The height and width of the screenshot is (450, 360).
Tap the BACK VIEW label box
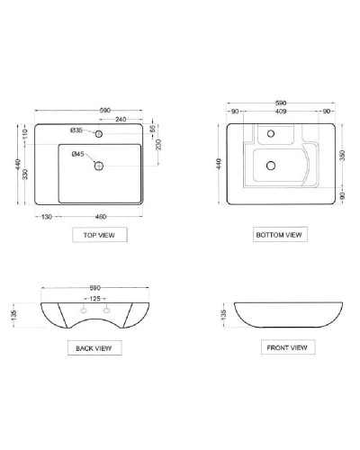(x=93, y=346)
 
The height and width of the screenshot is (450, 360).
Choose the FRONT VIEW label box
(x=286, y=346)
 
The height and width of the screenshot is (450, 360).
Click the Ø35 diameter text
(x=77, y=130)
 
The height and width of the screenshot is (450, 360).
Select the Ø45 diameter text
(x=78, y=154)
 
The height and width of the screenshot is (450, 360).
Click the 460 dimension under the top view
(x=101, y=217)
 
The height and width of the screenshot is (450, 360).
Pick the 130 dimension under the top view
(x=46, y=217)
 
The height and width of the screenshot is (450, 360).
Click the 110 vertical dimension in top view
(x=23, y=133)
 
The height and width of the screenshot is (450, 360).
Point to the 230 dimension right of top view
(x=157, y=146)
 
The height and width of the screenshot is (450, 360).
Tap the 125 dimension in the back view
(x=93, y=297)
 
